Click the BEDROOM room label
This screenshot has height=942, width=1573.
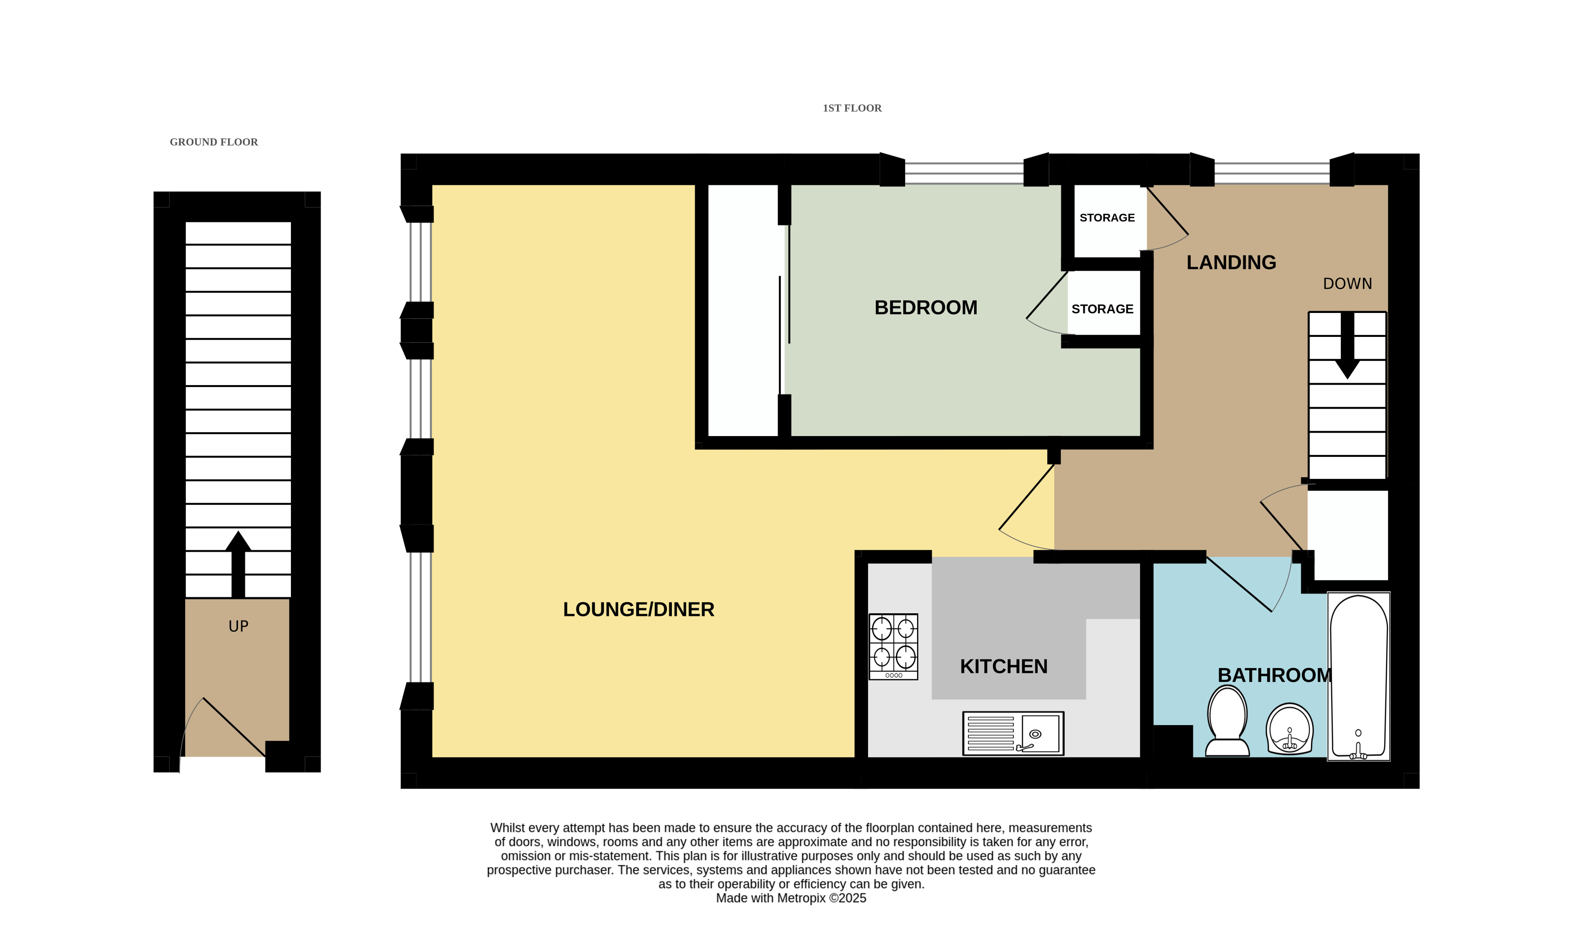(x=926, y=308)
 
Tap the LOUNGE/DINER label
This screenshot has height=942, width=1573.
(x=638, y=609)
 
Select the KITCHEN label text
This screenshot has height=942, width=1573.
(x=1004, y=667)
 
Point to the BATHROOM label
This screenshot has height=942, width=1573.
(x=1274, y=675)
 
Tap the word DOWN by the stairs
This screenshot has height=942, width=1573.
(x=1347, y=284)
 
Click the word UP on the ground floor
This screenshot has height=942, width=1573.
(x=238, y=627)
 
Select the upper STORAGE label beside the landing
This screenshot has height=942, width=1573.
(x=1106, y=218)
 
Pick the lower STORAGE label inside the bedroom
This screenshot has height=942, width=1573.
(x=1102, y=309)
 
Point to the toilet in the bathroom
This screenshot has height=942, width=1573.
(x=1227, y=722)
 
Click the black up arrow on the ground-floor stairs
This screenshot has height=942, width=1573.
(x=238, y=564)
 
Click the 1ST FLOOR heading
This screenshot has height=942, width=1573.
(x=852, y=108)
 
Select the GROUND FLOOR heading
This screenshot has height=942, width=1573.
(x=214, y=142)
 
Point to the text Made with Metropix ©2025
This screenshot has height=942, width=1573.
(x=791, y=898)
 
